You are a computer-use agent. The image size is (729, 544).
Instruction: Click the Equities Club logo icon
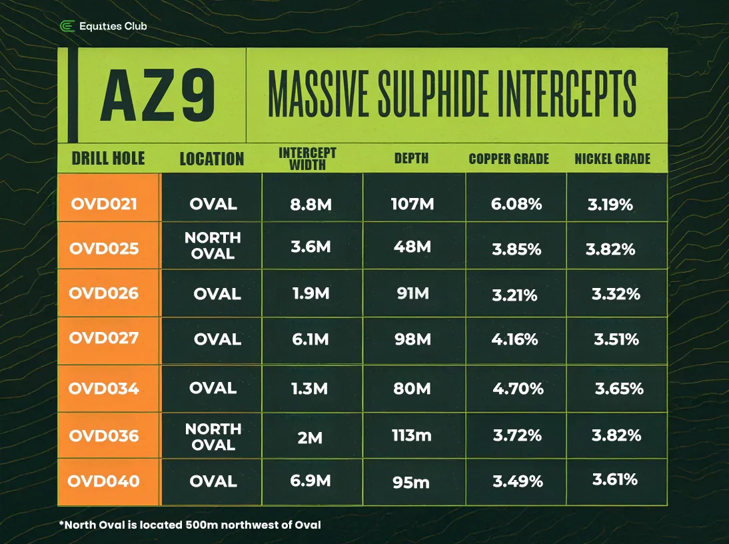coord(67,27)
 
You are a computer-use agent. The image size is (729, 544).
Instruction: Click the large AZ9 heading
coord(158,97)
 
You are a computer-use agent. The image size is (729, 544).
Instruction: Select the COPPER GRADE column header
coord(508,159)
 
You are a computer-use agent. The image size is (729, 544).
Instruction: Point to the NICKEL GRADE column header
coord(612,159)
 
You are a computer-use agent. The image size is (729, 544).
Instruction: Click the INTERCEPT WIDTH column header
coord(307,159)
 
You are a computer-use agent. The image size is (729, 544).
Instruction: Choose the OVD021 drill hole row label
coord(104,204)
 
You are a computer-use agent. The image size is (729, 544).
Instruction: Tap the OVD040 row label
coord(104,481)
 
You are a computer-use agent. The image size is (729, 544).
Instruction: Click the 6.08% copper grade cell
coord(516,204)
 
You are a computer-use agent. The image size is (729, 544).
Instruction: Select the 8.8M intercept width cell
coord(311,204)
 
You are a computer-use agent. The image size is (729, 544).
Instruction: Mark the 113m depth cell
coord(412,435)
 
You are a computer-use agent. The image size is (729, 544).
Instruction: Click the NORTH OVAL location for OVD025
coord(213,245)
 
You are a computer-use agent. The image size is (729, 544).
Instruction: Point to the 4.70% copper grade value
coord(518,388)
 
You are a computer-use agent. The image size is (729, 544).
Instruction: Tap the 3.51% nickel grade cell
coord(616,339)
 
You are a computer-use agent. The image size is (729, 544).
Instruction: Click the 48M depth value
coord(412,247)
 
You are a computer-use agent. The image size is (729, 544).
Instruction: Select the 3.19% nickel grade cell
coord(610,204)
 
